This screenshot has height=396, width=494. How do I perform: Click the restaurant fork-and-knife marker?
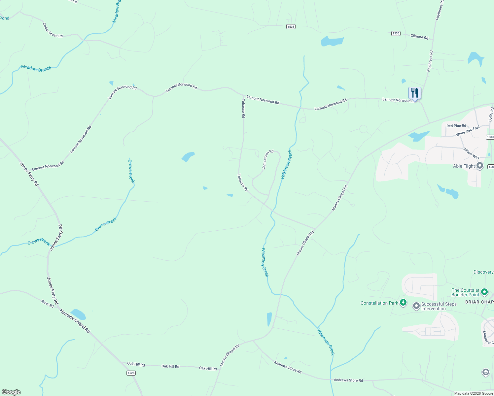tap(415, 93)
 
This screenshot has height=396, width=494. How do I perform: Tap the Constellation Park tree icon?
tap(403, 303)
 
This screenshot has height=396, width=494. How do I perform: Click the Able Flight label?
tap(464, 166)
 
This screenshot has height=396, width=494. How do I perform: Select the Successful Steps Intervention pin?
tap(416, 306)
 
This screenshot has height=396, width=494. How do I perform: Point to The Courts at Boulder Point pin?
tap(484, 292)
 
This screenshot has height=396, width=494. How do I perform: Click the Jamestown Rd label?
tap(268, 160)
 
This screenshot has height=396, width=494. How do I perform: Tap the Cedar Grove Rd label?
tap(53, 30)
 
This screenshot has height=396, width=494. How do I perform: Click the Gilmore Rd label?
tap(419, 37)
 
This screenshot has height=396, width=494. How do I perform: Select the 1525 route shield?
tap(131, 373)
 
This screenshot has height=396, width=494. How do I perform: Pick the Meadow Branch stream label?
tap(36, 68)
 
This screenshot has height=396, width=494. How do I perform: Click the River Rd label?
tap(48, 304)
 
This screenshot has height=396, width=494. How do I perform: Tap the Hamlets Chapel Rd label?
tap(75, 321)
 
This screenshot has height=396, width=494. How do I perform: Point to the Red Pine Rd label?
tap(456, 126)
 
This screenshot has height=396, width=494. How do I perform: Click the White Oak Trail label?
tap(467, 131)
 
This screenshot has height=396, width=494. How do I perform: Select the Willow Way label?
tap(471, 153)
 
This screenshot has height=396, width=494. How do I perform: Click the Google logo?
tap(11, 392)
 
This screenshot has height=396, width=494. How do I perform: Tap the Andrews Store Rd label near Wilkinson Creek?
tap(348, 380)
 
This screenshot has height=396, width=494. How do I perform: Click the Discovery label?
tap(483, 272)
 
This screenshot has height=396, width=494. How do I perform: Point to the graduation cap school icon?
tap(485, 373)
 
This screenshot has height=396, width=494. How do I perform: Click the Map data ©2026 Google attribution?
tap(473, 393)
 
